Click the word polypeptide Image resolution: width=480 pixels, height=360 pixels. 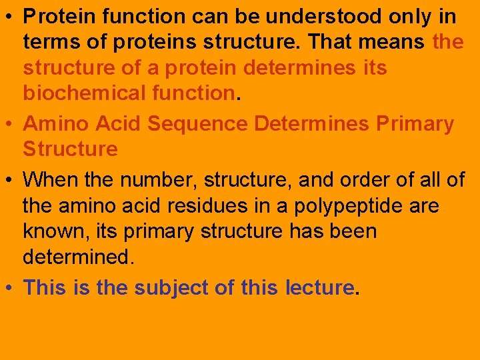coord(349,207)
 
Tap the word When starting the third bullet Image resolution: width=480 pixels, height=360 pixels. coord(49,179)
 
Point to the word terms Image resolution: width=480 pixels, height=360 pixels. coord(50,42)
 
